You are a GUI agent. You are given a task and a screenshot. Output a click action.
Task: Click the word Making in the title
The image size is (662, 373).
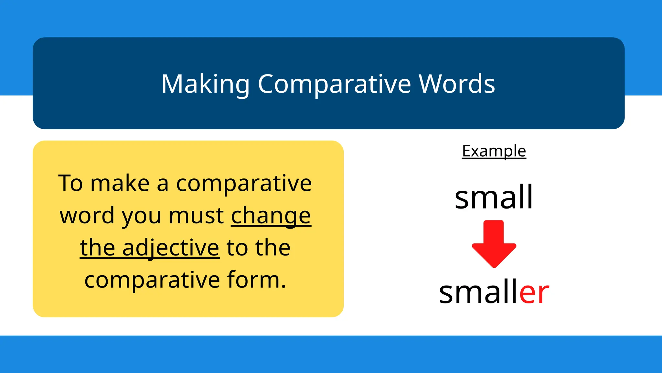pyautogui.click(x=205, y=84)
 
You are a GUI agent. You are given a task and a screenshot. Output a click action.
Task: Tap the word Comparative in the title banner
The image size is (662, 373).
pyautogui.click(x=334, y=84)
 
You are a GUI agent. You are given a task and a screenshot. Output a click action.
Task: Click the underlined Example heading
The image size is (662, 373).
pyautogui.click(x=494, y=151)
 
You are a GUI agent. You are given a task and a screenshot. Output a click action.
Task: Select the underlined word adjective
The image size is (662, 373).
pyautogui.click(x=171, y=248)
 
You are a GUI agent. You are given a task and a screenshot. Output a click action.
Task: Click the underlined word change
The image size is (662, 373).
pyautogui.click(x=271, y=216)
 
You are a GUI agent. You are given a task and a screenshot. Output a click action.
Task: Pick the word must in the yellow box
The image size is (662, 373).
pyautogui.click(x=197, y=215)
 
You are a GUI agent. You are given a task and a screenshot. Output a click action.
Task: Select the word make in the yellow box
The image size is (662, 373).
pyautogui.click(x=120, y=183)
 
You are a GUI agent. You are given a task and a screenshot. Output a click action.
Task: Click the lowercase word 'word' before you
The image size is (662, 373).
pyautogui.click(x=87, y=215)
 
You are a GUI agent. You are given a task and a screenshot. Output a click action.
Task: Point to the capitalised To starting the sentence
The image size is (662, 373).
pyautogui.click(x=70, y=183)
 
